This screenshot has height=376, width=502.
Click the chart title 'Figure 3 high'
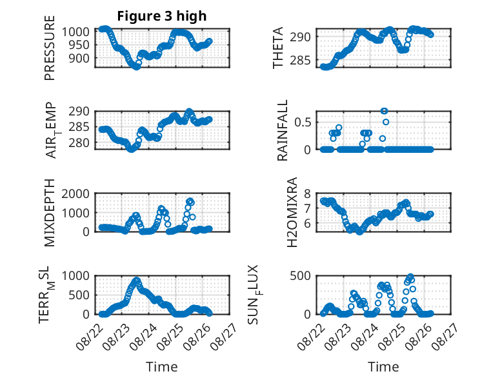162,16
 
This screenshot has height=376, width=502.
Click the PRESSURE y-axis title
50,48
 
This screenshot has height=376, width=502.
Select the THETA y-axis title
278,48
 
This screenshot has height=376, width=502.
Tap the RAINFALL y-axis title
283,130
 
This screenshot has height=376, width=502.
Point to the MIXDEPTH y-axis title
50,213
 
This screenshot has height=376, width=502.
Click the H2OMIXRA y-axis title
292,212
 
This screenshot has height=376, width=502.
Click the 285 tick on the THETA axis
300,60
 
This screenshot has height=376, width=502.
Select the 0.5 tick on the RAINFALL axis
303,123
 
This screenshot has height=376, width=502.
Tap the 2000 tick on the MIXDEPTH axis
75,193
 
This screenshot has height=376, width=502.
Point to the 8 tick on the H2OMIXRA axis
307,193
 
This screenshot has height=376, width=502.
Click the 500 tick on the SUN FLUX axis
300,276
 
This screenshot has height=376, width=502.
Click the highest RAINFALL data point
384,111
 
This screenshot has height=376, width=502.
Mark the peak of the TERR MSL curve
137,281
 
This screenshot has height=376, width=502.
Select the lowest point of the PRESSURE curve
136,67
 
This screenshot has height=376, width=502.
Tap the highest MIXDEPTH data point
190,201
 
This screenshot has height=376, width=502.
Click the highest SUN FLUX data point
410,276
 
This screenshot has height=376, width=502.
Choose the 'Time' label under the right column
383,367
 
